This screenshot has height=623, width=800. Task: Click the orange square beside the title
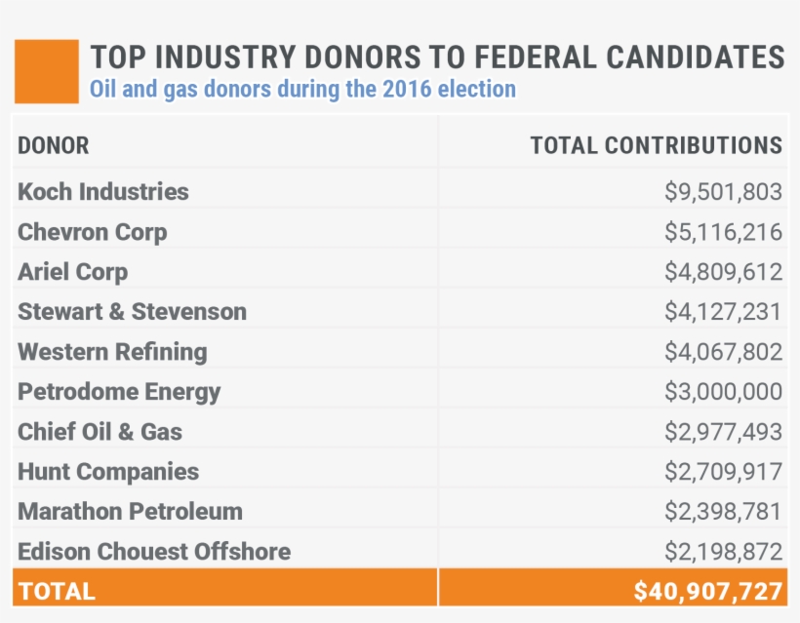(46, 71)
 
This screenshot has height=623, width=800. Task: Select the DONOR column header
(54, 146)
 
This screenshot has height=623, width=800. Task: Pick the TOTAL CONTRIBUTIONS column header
(656, 146)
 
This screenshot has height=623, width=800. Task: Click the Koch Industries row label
(103, 192)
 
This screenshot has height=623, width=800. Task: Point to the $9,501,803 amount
(723, 192)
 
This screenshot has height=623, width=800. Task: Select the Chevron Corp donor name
(93, 232)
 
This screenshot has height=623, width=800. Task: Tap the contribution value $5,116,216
(723, 232)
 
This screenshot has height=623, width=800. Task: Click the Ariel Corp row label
(73, 272)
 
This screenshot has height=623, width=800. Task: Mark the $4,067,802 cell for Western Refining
(723, 352)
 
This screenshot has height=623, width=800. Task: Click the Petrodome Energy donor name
(119, 392)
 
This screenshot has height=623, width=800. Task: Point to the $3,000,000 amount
(723, 392)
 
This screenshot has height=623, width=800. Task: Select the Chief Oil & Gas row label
(100, 432)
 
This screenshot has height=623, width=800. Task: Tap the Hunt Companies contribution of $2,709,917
(723, 472)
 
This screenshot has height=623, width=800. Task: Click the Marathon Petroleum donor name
(131, 512)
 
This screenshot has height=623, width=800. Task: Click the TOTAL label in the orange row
(57, 591)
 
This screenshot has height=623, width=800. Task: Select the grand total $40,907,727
(707, 591)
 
